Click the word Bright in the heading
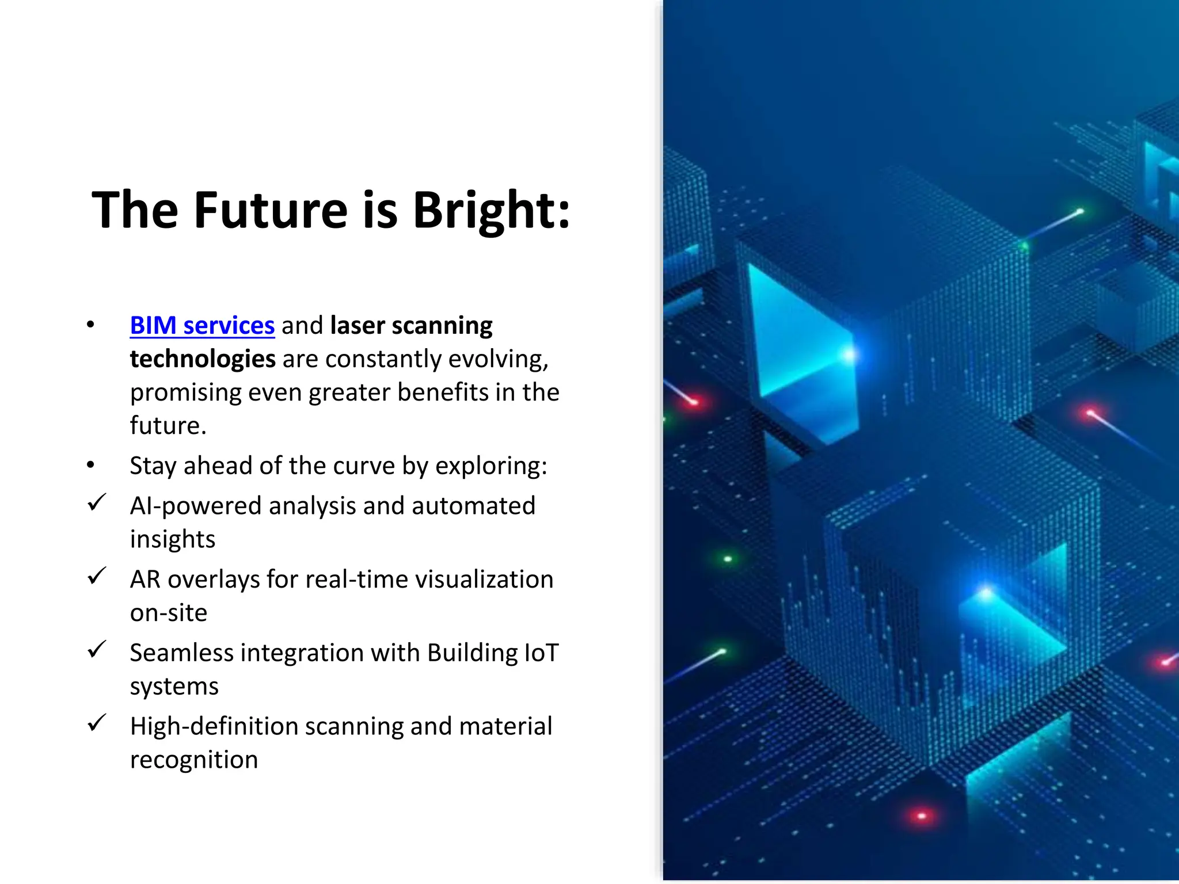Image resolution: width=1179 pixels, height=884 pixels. click(490, 211)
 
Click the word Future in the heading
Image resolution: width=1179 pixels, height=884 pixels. click(271, 211)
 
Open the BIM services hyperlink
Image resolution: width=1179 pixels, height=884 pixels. click(202, 326)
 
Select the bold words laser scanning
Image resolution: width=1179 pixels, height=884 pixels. click(411, 326)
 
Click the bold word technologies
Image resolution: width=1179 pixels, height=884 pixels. click(203, 359)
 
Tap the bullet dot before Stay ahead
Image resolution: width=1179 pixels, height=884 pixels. click(90, 465)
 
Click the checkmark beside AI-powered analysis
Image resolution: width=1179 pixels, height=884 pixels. click(97, 502)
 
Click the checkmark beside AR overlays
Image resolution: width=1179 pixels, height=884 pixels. click(97, 576)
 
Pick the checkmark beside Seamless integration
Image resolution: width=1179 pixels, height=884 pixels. click(97, 649)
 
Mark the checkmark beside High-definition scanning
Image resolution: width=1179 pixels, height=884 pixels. click(97, 723)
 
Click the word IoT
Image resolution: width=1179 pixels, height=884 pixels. click(541, 653)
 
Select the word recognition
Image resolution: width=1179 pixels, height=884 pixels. click(194, 760)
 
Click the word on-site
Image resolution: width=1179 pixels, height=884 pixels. click(169, 613)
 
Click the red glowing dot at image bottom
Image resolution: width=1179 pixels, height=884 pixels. click(922, 816)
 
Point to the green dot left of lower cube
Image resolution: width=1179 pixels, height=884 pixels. click(728, 559)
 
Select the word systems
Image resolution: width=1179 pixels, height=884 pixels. click(174, 687)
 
